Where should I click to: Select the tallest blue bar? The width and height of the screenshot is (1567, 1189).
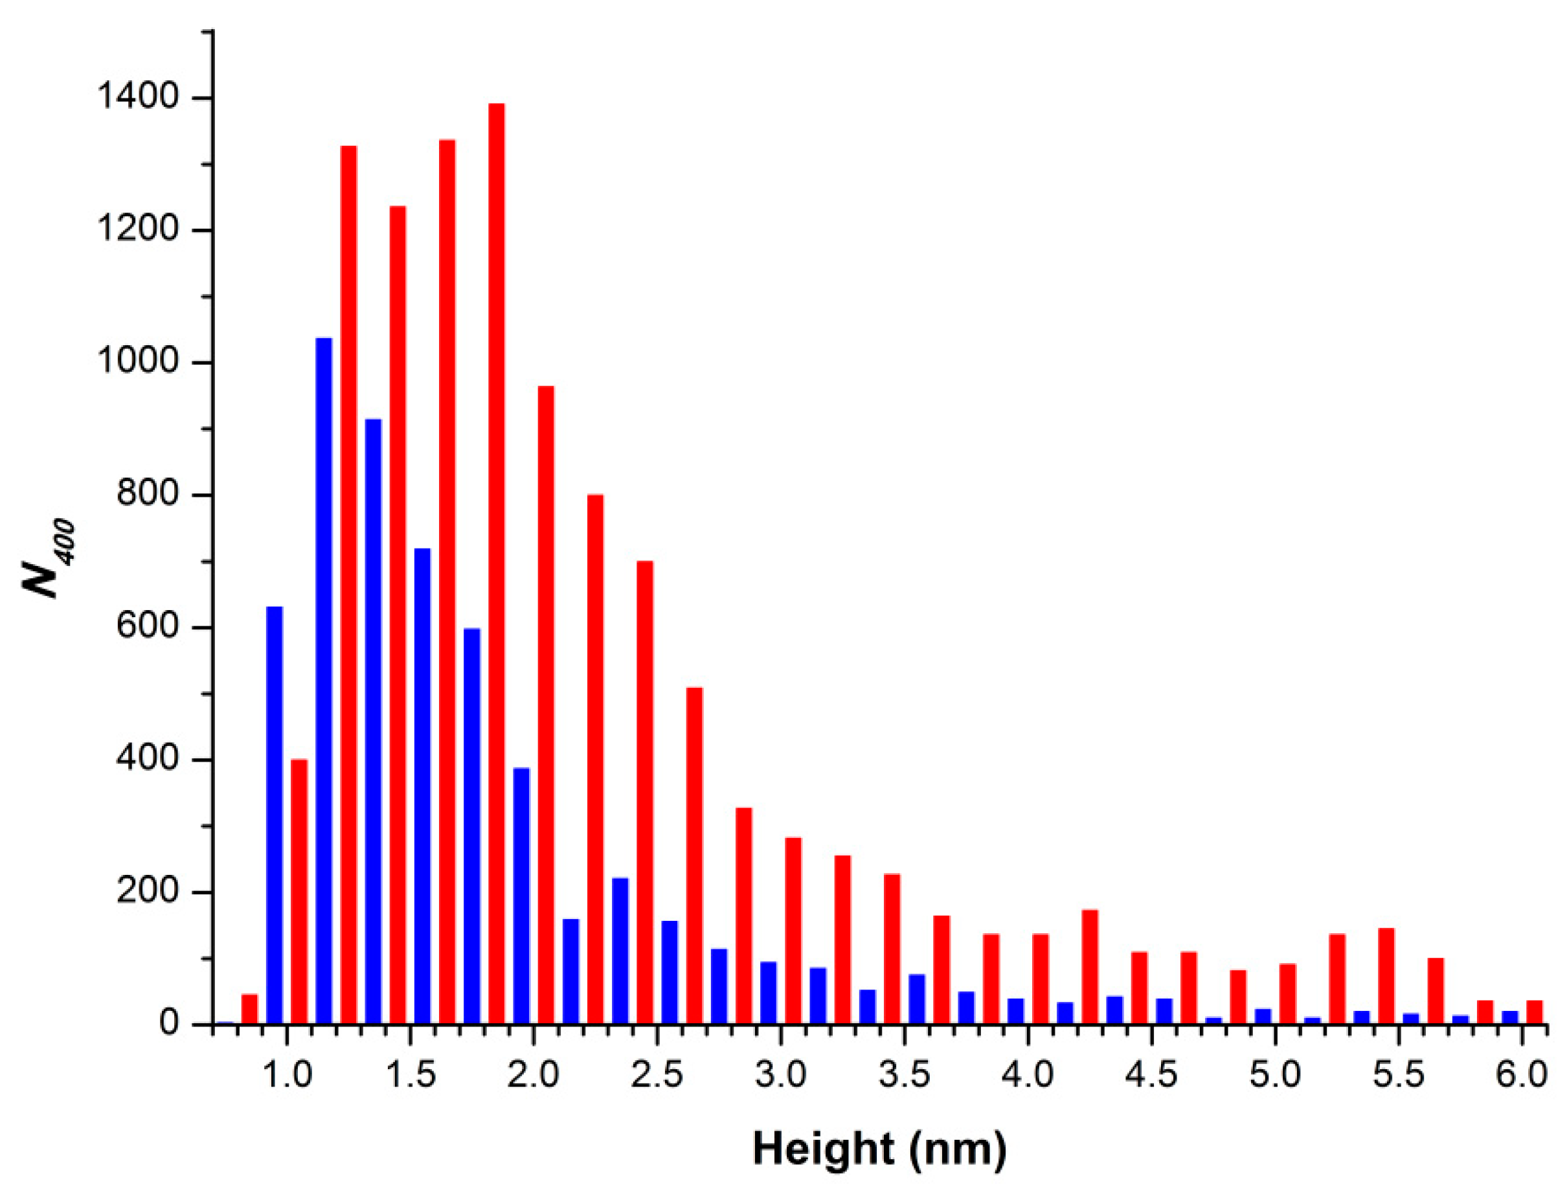click(324, 680)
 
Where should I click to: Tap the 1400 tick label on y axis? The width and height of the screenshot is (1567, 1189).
click(136, 98)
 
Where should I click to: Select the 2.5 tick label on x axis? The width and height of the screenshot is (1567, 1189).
click(657, 1076)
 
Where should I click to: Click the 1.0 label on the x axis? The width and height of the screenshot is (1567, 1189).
click(286, 1076)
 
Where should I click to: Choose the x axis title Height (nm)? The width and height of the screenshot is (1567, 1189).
click(879, 1149)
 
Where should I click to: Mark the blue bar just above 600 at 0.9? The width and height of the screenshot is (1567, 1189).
click(274, 815)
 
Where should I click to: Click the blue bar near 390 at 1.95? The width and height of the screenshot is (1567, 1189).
click(521, 896)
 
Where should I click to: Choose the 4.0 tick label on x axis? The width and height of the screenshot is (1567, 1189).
click(1028, 1076)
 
